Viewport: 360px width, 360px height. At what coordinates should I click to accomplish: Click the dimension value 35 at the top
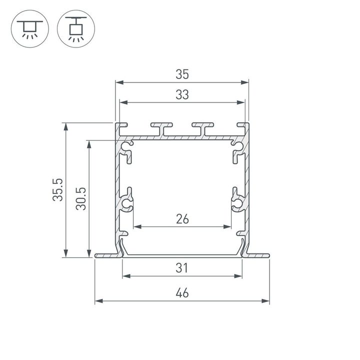(x=182, y=74)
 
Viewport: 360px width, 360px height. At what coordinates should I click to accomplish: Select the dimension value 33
(x=182, y=94)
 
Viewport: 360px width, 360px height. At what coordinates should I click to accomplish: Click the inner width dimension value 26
(x=182, y=218)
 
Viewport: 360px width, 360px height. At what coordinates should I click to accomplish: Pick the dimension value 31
(x=182, y=268)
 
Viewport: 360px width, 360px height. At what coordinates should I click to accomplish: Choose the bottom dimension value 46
(x=182, y=293)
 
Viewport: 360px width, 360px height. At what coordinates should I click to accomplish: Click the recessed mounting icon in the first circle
(x=29, y=28)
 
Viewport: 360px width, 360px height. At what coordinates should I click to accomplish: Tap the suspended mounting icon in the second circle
(x=76, y=28)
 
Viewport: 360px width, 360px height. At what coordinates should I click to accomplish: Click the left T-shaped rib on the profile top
(x=161, y=128)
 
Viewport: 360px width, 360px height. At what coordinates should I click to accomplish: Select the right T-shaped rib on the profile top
(x=203, y=128)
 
